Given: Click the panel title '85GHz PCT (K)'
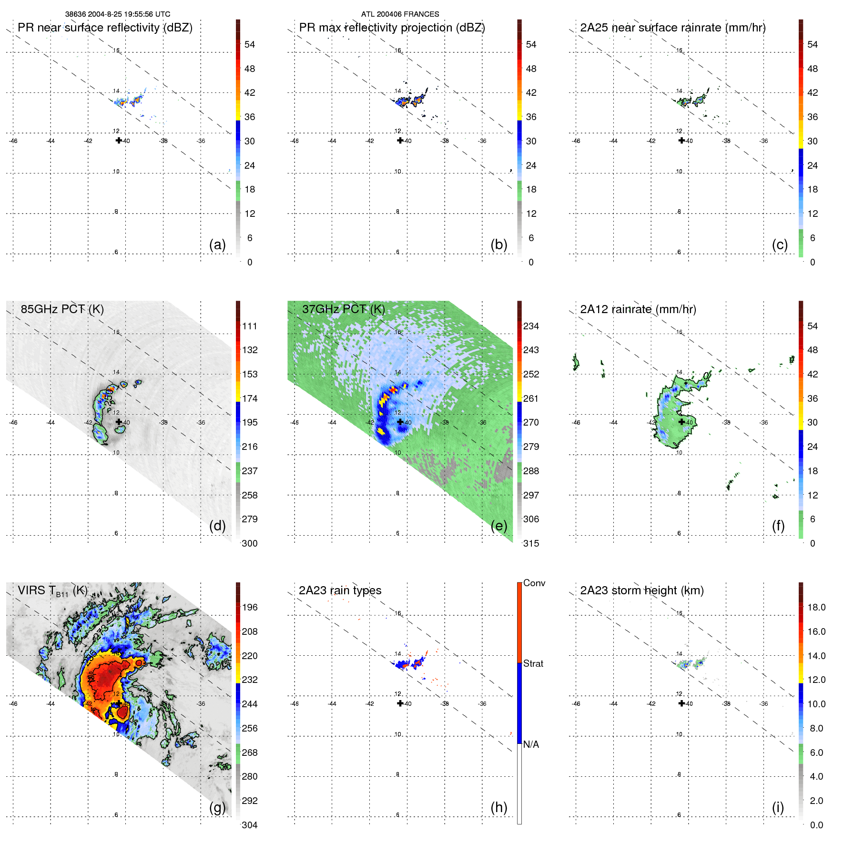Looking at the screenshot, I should [x=62, y=309].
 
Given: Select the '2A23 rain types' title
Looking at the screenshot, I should [x=340, y=590].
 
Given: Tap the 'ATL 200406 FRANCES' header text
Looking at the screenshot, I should [x=400, y=14].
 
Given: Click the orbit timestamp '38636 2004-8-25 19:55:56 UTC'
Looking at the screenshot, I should [x=118, y=14].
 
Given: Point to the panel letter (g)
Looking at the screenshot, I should [x=217, y=807].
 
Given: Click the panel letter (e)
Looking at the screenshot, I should [x=498, y=526].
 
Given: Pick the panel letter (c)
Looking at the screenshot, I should [x=780, y=244].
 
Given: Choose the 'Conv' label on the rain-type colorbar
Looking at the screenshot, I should [x=534, y=583].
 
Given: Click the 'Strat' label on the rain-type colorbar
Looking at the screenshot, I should [x=533, y=663].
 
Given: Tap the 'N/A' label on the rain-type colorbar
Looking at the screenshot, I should [x=531, y=744].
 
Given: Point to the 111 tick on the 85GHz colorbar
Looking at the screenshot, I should [x=250, y=326].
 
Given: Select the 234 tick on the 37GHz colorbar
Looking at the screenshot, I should [x=531, y=326].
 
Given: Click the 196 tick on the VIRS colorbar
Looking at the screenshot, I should [x=250, y=607].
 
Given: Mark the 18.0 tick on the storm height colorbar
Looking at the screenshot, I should [x=816, y=607].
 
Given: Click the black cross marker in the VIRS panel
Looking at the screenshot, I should [x=119, y=703].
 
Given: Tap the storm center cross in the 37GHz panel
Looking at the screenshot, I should [x=400, y=422].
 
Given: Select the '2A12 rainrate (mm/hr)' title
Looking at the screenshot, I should [x=638, y=309].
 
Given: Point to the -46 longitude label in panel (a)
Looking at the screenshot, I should [x=13, y=141].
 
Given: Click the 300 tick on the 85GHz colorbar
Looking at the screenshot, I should [x=250, y=543].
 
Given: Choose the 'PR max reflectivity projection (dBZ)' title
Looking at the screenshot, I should [x=392, y=28].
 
